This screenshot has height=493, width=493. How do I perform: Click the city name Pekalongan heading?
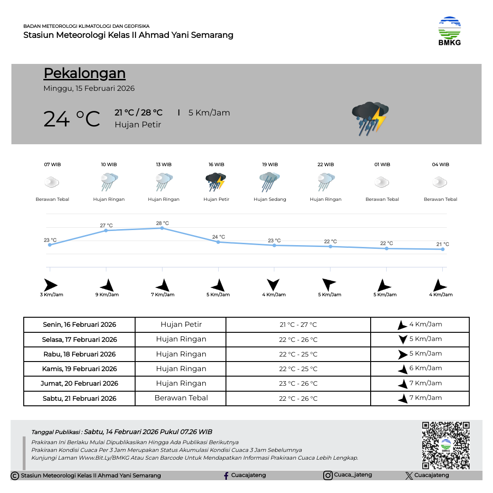[84, 73]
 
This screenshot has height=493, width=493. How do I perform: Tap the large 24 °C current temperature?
[72, 119]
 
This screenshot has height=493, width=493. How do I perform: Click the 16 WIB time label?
[216, 164]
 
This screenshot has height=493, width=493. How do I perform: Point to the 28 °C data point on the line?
[162, 228]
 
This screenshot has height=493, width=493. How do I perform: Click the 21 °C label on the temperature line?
[442, 244]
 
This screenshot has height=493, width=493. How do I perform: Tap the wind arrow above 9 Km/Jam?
[107, 285]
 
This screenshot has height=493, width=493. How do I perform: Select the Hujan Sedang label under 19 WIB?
[270, 199]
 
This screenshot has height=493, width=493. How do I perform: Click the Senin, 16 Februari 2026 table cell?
[79, 325]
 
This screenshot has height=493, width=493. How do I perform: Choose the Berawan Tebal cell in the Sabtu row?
[181, 398]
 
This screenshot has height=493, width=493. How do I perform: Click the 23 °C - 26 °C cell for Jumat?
[298, 383]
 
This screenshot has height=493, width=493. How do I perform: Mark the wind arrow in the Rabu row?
[403, 354]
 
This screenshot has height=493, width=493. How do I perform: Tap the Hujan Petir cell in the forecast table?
[181, 325]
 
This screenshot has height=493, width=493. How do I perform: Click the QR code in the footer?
[446, 445]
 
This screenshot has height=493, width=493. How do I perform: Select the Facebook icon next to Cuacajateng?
[226, 476]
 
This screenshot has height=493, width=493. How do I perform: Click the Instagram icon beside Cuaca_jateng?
[328, 476]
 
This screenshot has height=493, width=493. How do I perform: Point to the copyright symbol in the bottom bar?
[15, 476]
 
